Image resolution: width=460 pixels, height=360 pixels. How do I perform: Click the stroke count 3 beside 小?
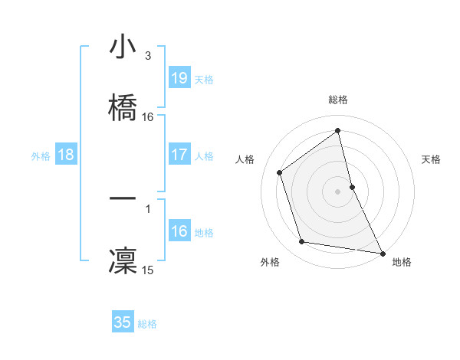[148, 56]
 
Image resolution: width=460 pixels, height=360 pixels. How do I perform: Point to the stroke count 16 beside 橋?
[148, 116]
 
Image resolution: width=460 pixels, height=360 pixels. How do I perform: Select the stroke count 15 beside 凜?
[148, 270]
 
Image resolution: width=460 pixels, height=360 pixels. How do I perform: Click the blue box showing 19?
[179, 77]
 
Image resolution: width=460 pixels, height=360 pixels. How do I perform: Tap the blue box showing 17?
[179, 155]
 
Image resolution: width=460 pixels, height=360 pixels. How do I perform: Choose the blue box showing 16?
[179, 231]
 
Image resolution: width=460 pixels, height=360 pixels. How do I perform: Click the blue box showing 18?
[66, 155]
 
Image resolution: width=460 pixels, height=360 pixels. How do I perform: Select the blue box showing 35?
[123, 322]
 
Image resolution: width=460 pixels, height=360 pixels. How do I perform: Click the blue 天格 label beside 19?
[204, 79]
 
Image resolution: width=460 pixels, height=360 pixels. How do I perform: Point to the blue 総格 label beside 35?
[147, 324]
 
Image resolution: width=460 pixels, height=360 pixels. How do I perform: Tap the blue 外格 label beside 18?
[41, 156]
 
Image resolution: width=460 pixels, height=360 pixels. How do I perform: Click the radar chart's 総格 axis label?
[338, 100]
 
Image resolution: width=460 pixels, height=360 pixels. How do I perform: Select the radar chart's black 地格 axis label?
[402, 262]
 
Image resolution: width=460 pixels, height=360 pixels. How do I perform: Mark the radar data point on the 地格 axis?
[382, 252]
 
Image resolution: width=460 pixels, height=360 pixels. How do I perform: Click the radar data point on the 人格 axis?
[280, 172]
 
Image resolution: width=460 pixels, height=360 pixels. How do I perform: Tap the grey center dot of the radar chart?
[338, 191]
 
